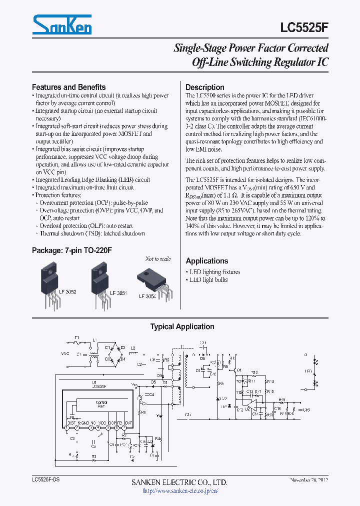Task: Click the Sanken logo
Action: pos(61,24)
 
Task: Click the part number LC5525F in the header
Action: pos(305,26)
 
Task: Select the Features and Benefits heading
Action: pos(68,87)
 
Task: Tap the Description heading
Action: pos(204,87)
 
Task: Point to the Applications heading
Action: pos(206,260)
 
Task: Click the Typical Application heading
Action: pos(182,326)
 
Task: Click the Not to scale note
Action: pos(157,259)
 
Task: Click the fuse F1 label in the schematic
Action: pos(77,338)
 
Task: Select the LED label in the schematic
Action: pos(308,371)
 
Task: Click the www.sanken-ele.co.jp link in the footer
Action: pos(180,490)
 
